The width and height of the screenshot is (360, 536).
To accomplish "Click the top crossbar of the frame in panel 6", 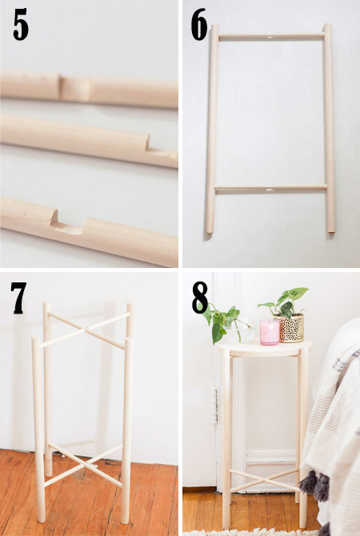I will [x=270, y=37].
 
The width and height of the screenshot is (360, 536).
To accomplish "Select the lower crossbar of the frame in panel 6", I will [x=270, y=188].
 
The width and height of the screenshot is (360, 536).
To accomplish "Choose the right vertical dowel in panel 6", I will [x=328, y=128].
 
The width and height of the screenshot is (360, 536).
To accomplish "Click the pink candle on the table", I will [x=269, y=332].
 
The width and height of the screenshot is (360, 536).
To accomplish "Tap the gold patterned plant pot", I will [x=290, y=327].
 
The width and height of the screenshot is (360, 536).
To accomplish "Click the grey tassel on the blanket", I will [x=310, y=483].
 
